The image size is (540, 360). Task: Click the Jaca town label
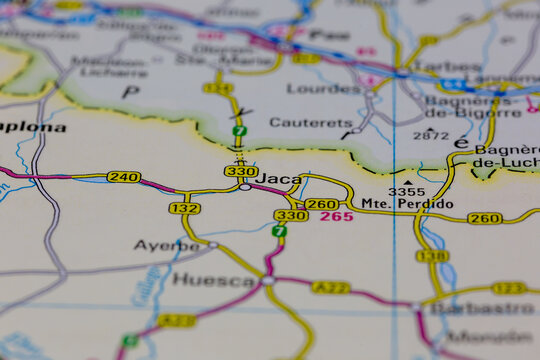click(x=279, y=179)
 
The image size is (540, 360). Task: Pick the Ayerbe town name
click(x=166, y=245)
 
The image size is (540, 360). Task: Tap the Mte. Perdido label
click(x=407, y=204)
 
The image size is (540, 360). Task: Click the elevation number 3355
click(x=406, y=191)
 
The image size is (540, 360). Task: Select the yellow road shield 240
click(x=123, y=177)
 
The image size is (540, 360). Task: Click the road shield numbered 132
click(x=184, y=208)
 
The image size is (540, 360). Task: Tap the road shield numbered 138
click(x=432, y=256)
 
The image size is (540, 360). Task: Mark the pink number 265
click(x=337, y=216)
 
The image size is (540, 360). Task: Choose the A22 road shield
click(x=330, y=288)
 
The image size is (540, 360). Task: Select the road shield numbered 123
click(x=509, y=288)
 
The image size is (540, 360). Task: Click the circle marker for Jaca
click(x=245, y=187)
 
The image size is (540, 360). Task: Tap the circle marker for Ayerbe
click(x=213, y=244)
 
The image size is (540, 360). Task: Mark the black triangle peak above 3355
click(x=407, y=182)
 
